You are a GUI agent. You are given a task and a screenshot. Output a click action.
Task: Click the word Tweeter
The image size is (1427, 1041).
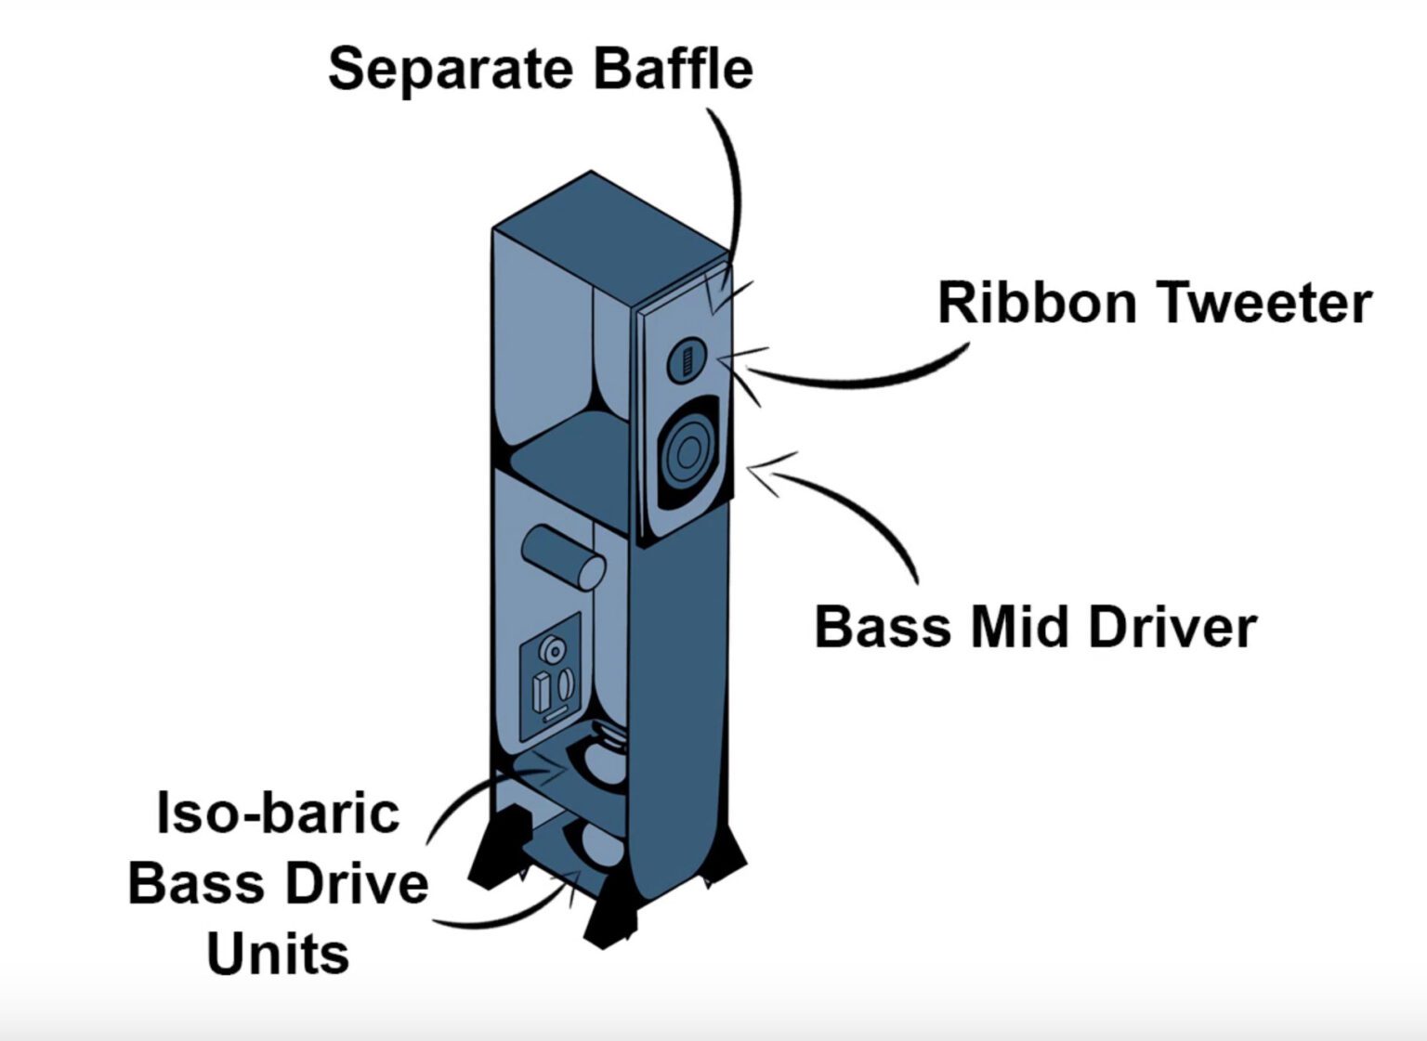(x=1263, y=304)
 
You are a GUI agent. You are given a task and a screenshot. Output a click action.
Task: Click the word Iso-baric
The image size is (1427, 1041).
(x=278, y=813)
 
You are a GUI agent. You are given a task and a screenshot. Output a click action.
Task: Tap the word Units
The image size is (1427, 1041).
(x=278, y=954)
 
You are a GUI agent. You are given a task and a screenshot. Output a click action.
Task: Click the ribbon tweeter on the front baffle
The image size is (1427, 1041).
(x=687, y=358)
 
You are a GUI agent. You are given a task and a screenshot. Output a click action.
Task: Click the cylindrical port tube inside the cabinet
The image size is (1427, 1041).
(x=563, y=556)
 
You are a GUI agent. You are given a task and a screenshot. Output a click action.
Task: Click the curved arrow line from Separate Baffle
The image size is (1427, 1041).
(x=733, y=186)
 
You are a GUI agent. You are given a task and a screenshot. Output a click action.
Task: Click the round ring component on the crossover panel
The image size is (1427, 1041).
(x=553, y=650)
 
